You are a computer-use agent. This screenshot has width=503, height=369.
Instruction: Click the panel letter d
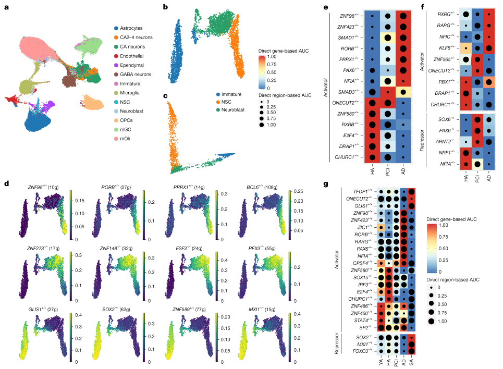[6, 183]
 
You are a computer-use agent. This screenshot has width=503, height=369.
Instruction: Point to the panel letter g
[325, 183]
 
